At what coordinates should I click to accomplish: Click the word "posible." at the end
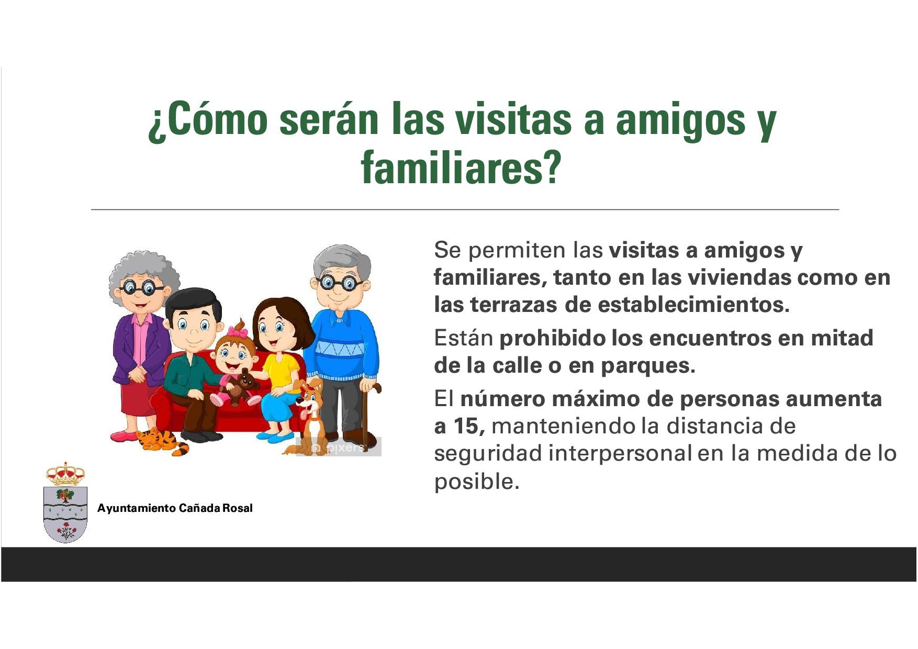click(477, 482)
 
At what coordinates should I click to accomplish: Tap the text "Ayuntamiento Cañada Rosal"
click(175, 508)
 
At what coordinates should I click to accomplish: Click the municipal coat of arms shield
click(65, 514)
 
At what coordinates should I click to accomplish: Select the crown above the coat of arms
click(65, 474)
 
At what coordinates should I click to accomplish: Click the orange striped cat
click(162, 441)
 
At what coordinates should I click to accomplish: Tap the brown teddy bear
click(240, 386)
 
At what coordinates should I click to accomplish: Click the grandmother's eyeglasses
click(140, 287)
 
